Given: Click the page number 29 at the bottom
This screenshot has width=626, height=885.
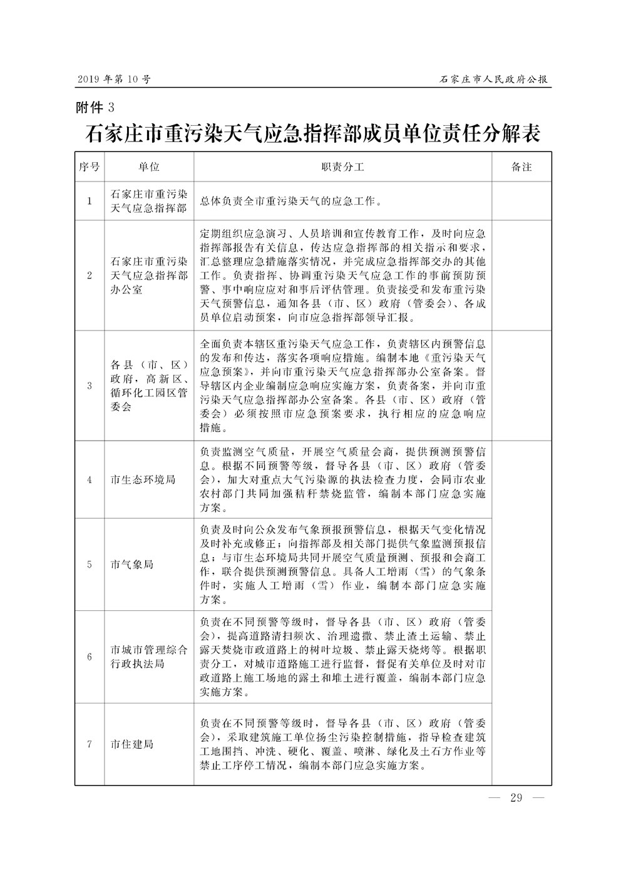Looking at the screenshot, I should (516, 797).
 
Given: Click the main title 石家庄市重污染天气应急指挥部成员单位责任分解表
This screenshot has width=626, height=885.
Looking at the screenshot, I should (313, 134).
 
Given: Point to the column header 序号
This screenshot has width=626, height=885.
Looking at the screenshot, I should (90, 167).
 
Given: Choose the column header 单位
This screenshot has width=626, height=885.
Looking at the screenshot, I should (149, 167).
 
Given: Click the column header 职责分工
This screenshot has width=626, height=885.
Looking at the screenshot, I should (342, 167).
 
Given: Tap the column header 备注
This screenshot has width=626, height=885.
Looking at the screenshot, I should (521, 167).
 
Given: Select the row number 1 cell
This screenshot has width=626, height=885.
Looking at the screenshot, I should (90, 201).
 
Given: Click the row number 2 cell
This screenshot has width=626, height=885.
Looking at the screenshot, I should (90, 275).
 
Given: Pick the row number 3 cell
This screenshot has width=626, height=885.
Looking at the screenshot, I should (90, 386).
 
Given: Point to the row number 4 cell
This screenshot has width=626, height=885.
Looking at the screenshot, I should (90, 479).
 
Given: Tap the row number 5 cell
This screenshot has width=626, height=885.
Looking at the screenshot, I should (90, 564).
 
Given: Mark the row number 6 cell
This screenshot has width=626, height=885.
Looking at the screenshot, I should (90, 657).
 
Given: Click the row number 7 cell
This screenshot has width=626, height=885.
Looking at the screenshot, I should (90, 744).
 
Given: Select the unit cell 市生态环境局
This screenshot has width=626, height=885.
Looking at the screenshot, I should (142, 479).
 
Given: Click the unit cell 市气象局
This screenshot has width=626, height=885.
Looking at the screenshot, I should (131, 564).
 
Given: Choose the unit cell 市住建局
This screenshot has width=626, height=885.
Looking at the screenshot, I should (131, 744).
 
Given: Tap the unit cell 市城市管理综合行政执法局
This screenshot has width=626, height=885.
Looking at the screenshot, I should (149, 657).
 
